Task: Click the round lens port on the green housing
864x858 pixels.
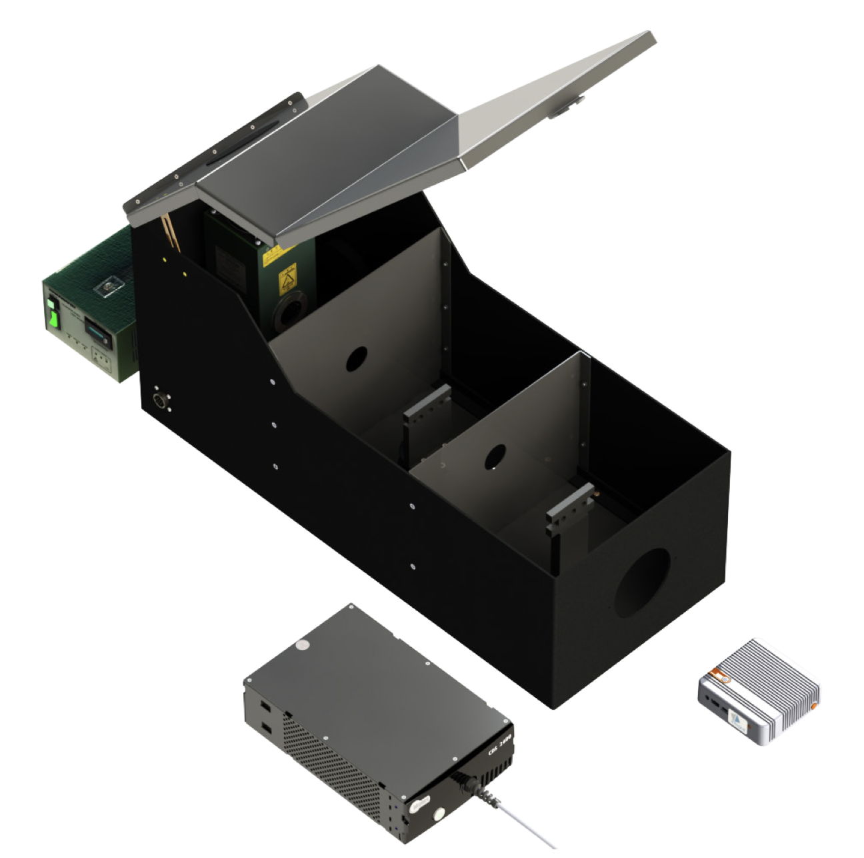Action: (x=291, y=311)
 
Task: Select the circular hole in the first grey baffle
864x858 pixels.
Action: (x=356, y=360)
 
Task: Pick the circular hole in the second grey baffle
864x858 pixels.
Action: (x=495, y=457)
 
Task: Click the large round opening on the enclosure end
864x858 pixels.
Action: (x=642, y=582)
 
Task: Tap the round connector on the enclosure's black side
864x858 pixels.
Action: (x=161, y=401)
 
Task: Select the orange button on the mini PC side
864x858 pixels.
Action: (x=814, y=705)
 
